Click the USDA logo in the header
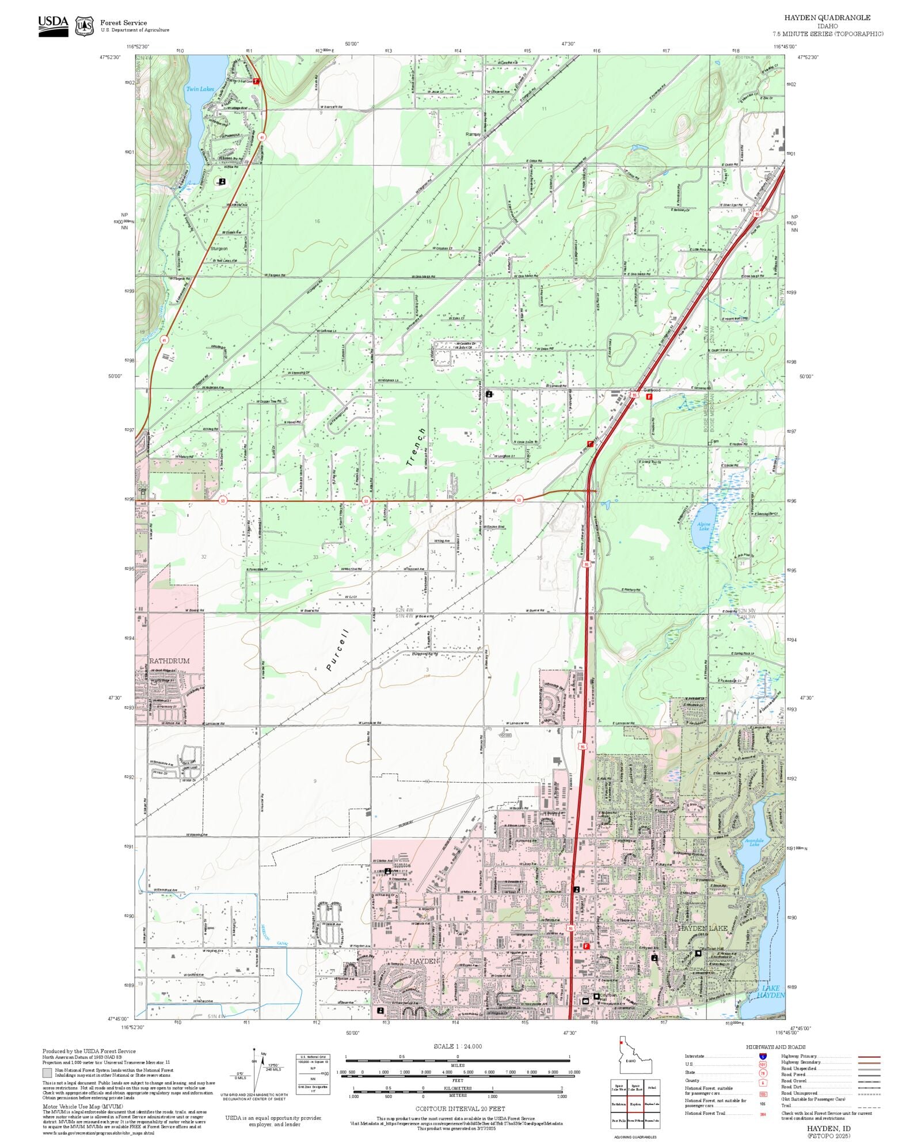click(53, 26)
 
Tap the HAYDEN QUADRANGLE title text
click(827, 18)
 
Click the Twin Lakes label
click(199, 89)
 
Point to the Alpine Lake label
click(704, 526)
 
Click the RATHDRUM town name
click(169, 661)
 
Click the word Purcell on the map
click(337, 650)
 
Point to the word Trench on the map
click(415, 447)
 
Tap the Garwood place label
click(652, 390)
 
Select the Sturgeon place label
click(219, 249)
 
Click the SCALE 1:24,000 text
click(458, 1046)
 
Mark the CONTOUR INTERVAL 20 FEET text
click(460, 1108)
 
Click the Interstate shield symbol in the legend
click(763, 1057)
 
